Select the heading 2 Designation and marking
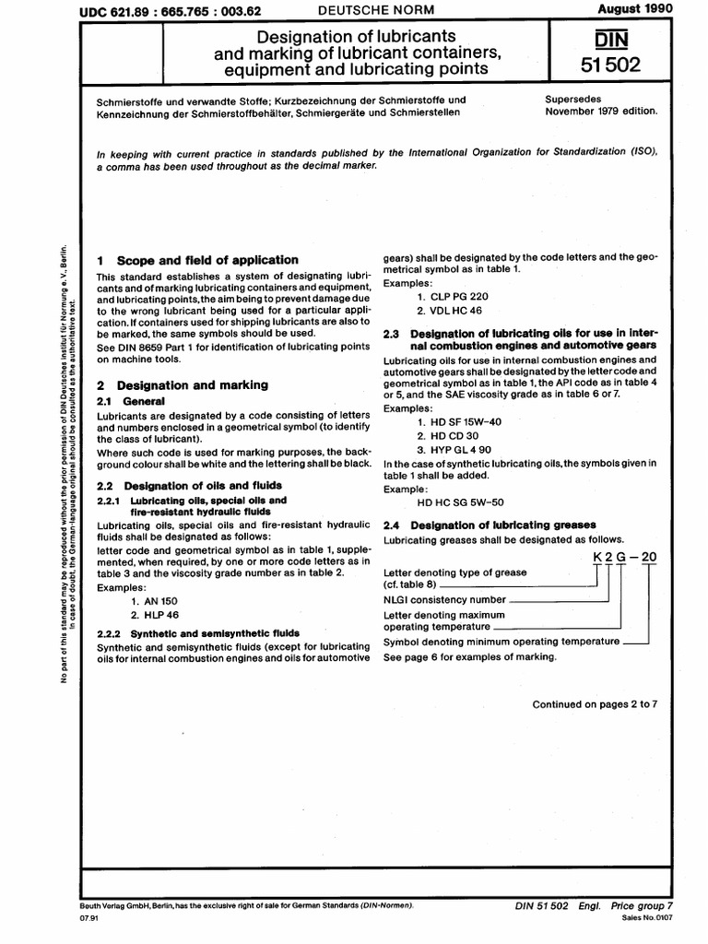coord(183,385)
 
